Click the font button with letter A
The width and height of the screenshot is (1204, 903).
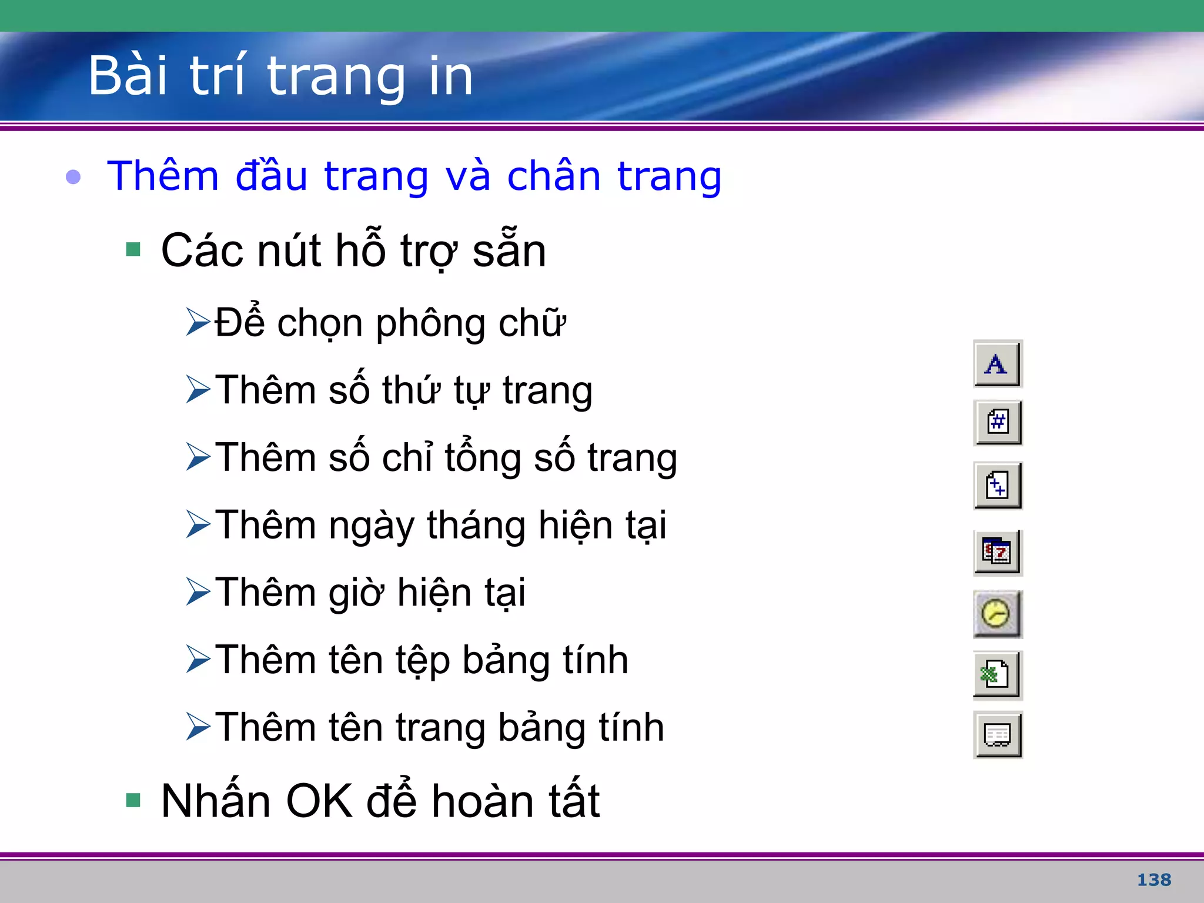(x=997, y=364)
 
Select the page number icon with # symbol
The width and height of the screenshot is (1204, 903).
(x=998, y=423)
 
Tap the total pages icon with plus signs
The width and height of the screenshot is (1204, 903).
(x=998, y=486)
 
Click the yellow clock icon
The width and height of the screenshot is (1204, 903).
(x=997, y=614)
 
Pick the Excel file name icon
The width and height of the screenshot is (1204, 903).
(x=997, y=675)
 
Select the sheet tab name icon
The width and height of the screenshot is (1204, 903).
(x=998, y=735)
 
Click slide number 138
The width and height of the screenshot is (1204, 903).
(x=1153, y=880)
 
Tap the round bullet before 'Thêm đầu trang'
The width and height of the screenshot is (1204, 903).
(x=73, y=176)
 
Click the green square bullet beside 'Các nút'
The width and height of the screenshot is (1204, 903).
(x=133, y=250)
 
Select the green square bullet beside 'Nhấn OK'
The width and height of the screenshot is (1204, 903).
(x=133, y=800)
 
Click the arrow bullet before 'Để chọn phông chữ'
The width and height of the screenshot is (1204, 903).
(x=198, y=322)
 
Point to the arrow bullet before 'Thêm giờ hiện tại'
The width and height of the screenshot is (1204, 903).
(x=198, y=591)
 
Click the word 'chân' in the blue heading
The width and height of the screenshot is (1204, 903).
(x=553, y=176)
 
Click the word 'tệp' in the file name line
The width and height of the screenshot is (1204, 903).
(x=422, y=660)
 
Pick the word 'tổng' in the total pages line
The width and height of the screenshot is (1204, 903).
(x=483, y=458)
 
